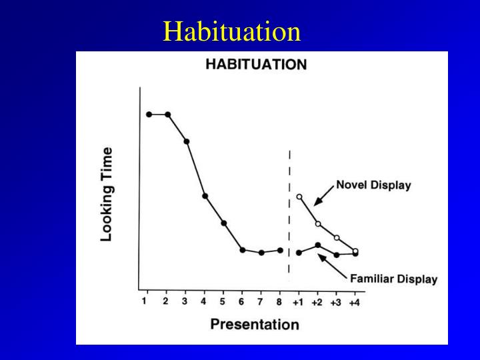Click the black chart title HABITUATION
click(x=255, y=65)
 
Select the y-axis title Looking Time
click(x=107, y=194)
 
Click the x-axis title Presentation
click(x=254, y=325)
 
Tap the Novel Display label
click(x=373, y=185)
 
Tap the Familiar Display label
click(x=393, y=279)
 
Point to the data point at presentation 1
click(x=149, y=115)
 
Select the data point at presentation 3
click(x=187, y=142)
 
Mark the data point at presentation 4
click(x=205, y=196)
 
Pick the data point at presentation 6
click(x=243, y=250)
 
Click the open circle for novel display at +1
click(x=299, y=197)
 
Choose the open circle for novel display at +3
click(x=337, y=238)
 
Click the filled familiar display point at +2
click(x=318, y=245)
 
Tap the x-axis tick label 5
click(x=223, y=301)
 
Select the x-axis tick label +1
click(x=297, y=302)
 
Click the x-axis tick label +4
click(x=353, y=302)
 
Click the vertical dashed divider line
click(x=289, y=213)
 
